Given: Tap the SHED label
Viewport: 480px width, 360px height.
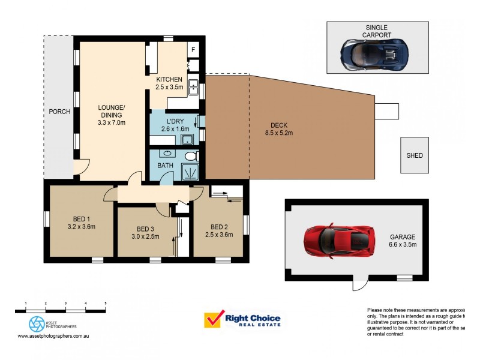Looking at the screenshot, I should pos(415,155).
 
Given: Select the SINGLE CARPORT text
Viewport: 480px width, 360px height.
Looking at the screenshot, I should pos(377,31).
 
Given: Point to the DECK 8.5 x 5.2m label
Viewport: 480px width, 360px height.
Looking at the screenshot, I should pos(279,129).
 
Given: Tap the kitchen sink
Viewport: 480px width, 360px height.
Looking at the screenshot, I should pos(194,88).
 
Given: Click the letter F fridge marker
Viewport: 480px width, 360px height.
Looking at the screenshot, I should pos(194,50).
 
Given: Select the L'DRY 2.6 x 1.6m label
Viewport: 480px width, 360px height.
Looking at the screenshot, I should pos(175,124).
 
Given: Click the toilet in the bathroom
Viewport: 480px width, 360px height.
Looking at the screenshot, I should pos(191,157).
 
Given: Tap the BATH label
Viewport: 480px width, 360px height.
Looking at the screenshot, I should pos(165,166).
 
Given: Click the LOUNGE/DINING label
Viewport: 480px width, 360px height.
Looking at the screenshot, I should pos(112,113).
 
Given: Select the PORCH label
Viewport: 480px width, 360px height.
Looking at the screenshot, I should pos(59,112).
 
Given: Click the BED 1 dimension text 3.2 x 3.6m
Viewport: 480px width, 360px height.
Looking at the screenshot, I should pos(82,227).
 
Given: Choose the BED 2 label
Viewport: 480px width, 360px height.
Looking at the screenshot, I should pos(219,226).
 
